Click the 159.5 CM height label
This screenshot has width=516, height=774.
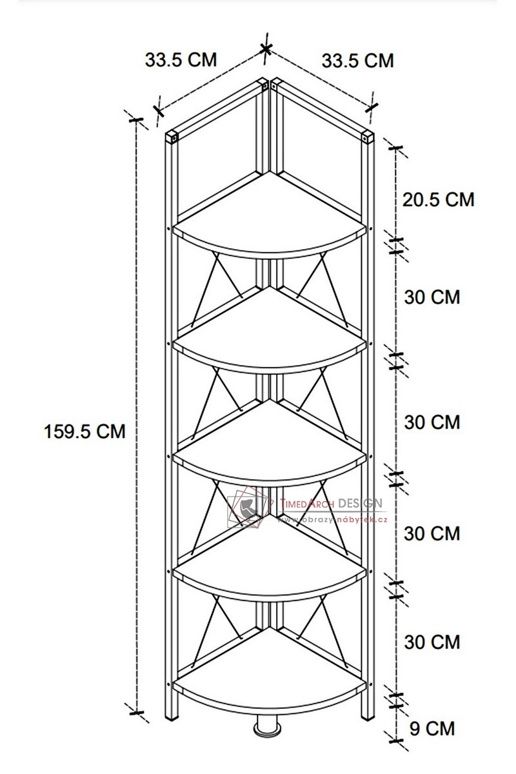click(x=84, y=432)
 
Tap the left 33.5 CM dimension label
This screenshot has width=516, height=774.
click(x=181, y=59)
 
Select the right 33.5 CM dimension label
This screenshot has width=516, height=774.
click(x=358, y=61)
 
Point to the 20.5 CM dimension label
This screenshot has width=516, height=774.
click(x=438, y=200)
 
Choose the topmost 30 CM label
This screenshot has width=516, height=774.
click(x=432, y=297)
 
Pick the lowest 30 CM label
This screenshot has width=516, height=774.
click(x=432, y=642)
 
